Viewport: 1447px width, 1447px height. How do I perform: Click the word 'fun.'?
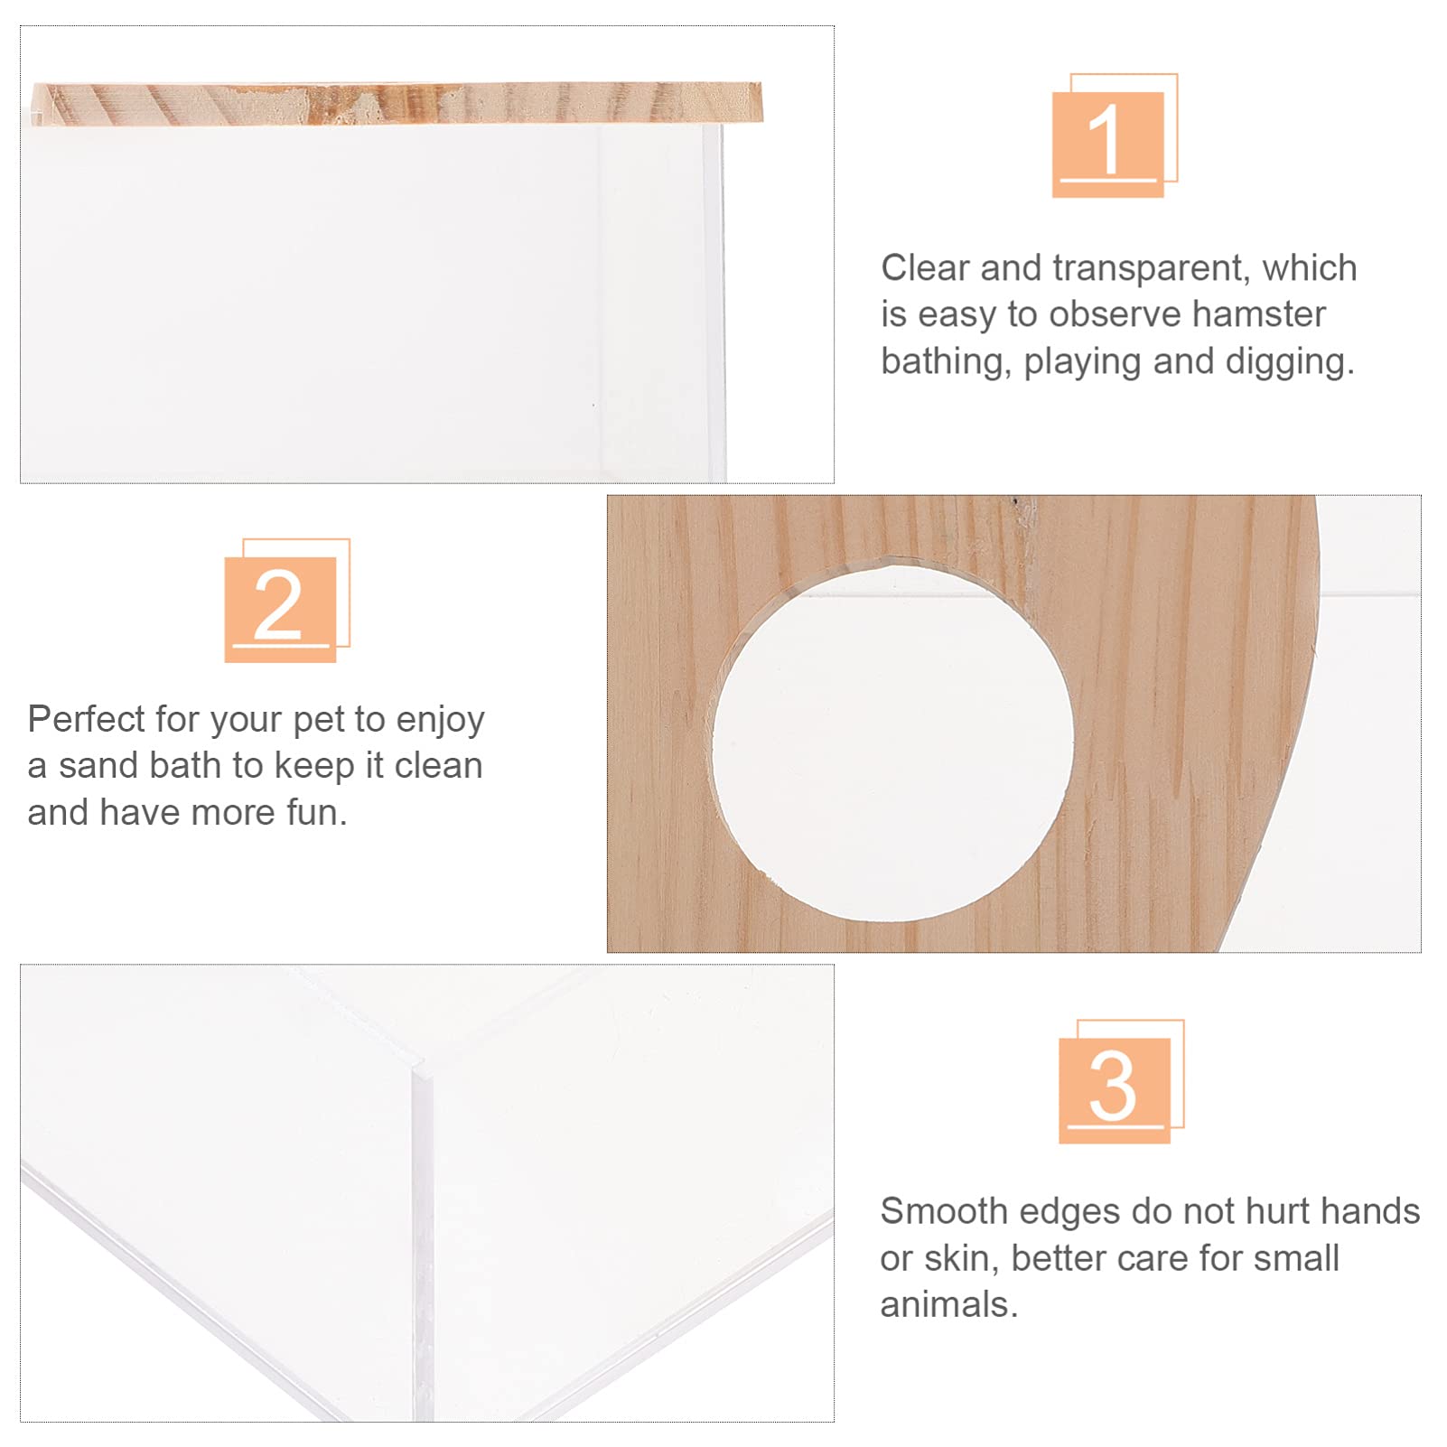(317, 813)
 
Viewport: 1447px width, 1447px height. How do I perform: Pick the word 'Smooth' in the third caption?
(943, 1211)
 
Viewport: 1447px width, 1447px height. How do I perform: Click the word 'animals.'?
(949, 1305)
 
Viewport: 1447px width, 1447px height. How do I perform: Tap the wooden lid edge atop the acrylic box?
(397, 102)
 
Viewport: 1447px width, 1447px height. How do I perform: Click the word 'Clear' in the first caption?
(925, 268)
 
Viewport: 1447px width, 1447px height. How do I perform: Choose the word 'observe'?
(1115, 314)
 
